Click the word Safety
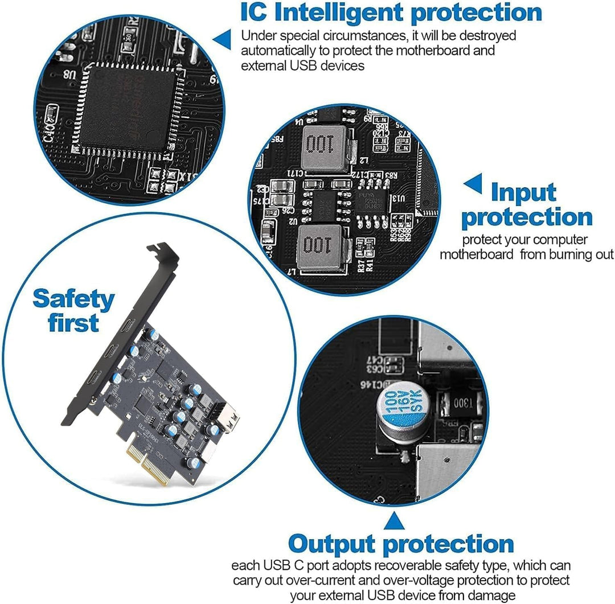click(73, 299)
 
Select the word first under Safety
click(73, 323)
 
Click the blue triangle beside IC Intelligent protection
click(222, 38)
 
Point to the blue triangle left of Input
click(473, 184)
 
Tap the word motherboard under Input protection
click(476, 254)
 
